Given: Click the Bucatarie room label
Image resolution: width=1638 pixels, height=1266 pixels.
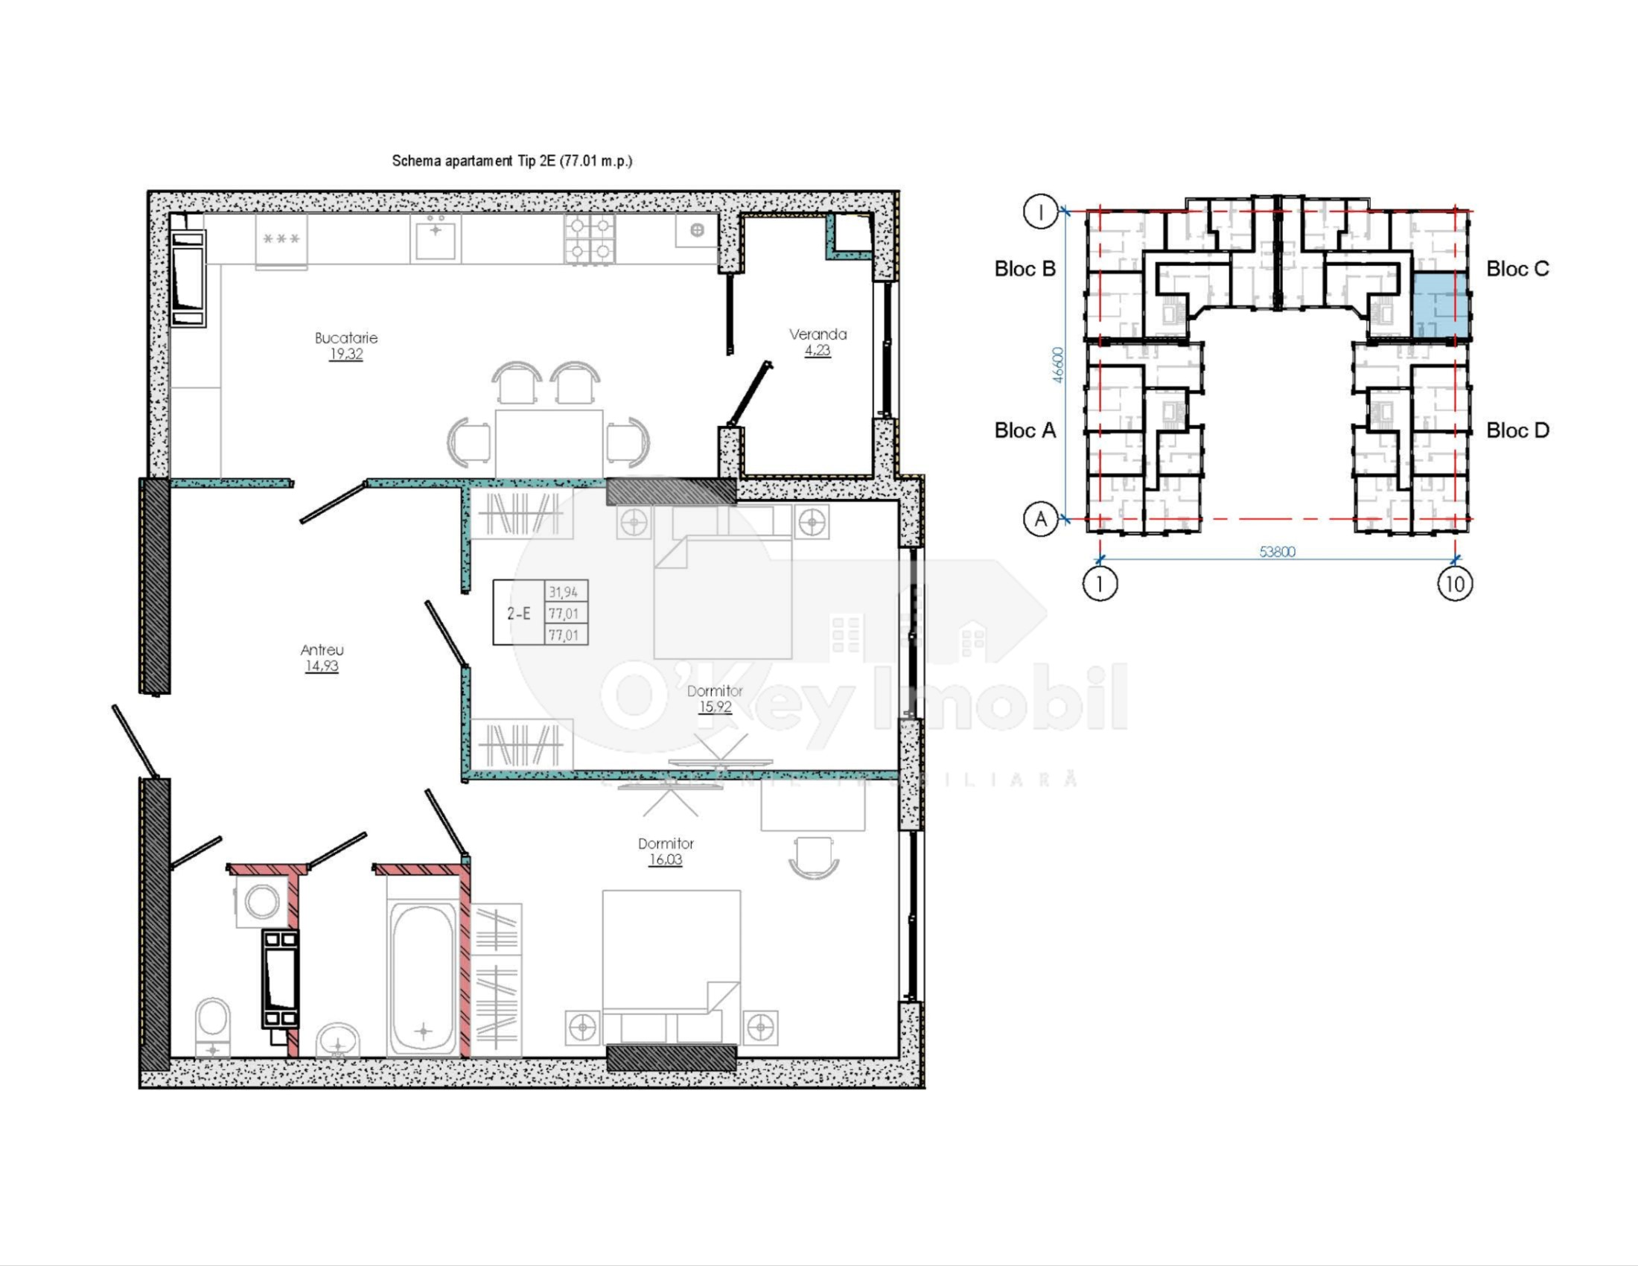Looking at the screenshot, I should [x=345, y=338].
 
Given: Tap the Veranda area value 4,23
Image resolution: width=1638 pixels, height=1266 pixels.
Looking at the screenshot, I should [x=818, y=350].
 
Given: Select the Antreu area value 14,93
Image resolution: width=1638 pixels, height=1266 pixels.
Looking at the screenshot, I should [x=322, y=666].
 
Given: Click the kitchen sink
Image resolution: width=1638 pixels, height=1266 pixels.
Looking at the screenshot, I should [x=435, y=238].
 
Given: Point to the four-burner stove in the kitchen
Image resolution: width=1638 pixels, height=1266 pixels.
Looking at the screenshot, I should [x=590, y=240].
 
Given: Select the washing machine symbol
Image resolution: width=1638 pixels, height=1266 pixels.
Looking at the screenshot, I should [x=262, y=902].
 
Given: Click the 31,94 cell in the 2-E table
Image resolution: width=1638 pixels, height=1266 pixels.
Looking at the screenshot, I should [x=564, y=592].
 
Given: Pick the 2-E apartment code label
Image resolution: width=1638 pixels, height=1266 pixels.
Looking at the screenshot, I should [x=518, y=614].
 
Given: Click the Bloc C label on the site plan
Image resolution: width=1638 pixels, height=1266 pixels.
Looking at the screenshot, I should [x=1517, y=269].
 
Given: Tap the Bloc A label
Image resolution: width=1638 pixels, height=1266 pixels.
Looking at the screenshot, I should [x=1024, y=430].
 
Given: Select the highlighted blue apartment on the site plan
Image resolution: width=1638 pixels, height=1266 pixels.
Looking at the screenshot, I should [x=1439, y=305].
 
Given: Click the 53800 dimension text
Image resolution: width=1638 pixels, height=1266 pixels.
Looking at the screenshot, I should [x=1277, y=551].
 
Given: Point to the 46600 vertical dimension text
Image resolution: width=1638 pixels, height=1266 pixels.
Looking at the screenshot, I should [x=1057, y=364].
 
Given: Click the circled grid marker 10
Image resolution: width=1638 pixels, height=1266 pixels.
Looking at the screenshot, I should [x=1455, y=584].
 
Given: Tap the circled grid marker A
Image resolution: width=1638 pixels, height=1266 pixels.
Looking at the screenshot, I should [x=1041, y=519].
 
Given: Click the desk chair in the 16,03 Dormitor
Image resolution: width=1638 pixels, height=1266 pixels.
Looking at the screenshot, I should [x=814, y=858].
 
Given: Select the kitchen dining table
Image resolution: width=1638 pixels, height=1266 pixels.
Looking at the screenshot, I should [x=549, y=442].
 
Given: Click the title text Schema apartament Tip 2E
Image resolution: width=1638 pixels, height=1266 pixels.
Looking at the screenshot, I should [x=512, y=161].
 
